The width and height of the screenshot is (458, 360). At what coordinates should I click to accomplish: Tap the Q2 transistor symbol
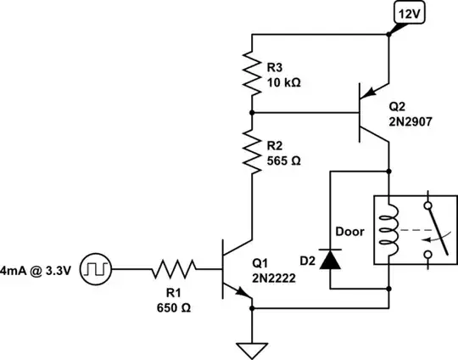(x=374, y=111)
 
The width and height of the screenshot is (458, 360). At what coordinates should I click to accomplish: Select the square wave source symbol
(x=97, y=271)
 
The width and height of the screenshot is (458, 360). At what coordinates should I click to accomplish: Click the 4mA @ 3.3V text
(x=38, y=271)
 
